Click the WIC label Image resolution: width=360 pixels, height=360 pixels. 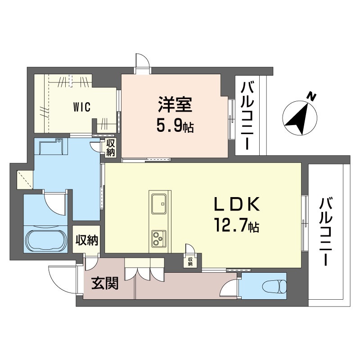(x=82, y=107)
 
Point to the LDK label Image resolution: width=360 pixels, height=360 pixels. (x=237, y=204)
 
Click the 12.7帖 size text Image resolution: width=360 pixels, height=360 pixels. (x=237, y=225)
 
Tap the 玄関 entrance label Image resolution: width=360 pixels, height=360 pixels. (x=105, y=283)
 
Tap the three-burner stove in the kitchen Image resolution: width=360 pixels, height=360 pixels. (x=159, y=238)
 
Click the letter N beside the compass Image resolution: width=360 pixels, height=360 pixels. (x=312, y=96)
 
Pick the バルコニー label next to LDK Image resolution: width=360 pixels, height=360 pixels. (x=326, y=232)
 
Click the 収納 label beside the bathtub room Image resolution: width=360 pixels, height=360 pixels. (x=87, y=240)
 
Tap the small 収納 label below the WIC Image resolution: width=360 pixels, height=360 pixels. (x=110, y=148)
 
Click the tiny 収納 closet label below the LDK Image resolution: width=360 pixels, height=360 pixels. (x=190, y=261)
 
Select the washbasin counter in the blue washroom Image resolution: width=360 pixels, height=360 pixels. (x=51, y=147)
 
